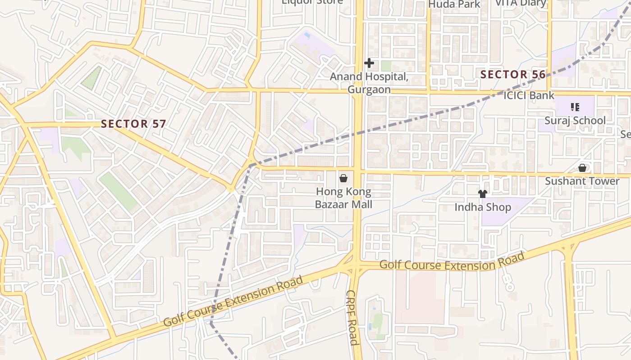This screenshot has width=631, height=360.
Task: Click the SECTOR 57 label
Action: tap(133, 124)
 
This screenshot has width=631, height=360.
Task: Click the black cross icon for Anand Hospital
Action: tap(369, 63)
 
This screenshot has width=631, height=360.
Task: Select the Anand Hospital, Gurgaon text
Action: tap(369, 83)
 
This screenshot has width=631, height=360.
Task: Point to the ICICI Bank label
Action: tap(529, 95)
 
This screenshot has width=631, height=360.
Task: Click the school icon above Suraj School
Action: tap(575, 107)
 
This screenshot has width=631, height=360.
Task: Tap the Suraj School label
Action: tap(575, 121)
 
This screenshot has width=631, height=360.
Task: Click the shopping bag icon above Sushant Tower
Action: tap(582, 168)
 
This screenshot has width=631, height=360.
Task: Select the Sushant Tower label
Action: tap(582, 181)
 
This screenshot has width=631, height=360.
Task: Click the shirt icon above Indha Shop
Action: tap(483, 194)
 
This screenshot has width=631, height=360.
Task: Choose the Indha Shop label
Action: tap(483, 207)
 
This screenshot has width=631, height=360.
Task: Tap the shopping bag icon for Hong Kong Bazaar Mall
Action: tap(343, 179)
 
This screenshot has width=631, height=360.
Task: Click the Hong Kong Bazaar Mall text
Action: tap(343, 198)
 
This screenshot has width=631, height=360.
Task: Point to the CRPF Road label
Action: tap(352, 317)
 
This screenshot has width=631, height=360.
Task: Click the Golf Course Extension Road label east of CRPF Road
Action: tap(452, 261)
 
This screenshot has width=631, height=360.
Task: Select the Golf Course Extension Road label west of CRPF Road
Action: tap(233, 301)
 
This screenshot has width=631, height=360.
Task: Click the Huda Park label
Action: tap(454, 4)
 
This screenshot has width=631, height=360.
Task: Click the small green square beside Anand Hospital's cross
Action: tap(386, 66)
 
